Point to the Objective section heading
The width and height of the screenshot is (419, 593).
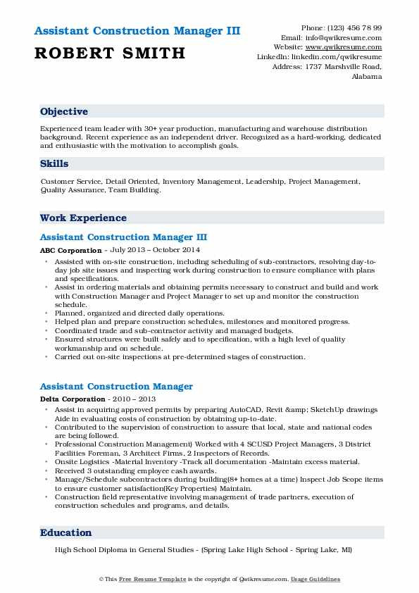click(64, 112)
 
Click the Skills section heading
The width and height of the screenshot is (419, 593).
click(54, 164)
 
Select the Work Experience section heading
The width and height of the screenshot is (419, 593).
click(83, 218)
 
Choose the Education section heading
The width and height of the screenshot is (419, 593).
click(65, 533)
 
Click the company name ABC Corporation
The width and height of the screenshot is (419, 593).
click(71, 249)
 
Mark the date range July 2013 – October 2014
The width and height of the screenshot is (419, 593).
click(156, 249)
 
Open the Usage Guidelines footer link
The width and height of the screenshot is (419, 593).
click(315, 579)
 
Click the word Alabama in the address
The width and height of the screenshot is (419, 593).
click(366, 76)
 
